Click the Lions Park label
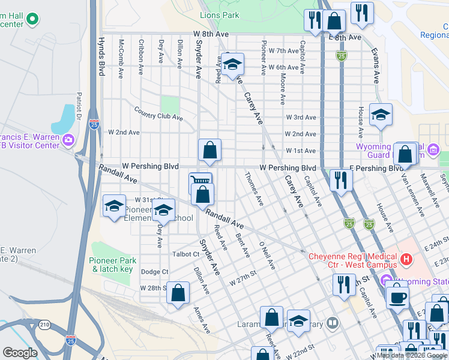[219, 16]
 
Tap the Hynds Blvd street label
[101, 57]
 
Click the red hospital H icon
[407, 260]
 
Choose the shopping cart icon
[200, 181]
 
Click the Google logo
[20, 353]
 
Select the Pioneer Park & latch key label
[112, 265]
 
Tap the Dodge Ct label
[154, 272]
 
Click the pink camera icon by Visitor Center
[68, 140]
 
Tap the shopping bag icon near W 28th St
[178, 293]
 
